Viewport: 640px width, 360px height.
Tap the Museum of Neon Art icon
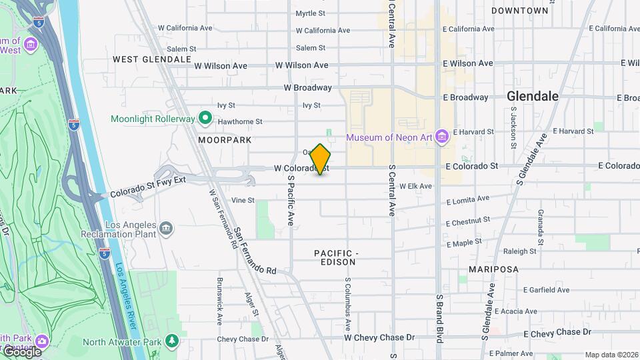(x=441, y=137)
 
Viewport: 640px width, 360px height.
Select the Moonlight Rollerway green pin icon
(x=206, y=119)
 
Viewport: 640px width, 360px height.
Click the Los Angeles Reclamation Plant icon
(x=166, y=229)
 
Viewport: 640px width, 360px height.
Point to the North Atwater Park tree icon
(x=172, y=341)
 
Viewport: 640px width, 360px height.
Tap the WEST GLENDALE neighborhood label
(x=152, y=59)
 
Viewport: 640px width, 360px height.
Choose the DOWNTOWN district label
(x=520, y=11)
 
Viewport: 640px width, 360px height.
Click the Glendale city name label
(x=533, y=96)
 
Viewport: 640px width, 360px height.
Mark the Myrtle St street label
(x=310, y=13)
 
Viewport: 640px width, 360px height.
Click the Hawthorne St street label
(x=240, y=122)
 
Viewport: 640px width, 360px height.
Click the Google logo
(x=21, y=351)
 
